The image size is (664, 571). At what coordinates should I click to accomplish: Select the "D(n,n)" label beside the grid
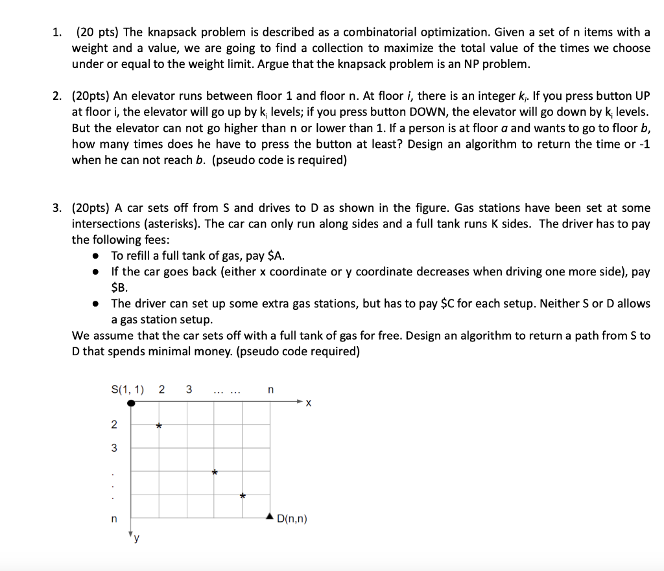[x=292, y=519]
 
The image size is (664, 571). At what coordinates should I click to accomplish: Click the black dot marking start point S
[x=132, y=403]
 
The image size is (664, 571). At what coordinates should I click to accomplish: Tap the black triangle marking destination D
[x=270, y=517]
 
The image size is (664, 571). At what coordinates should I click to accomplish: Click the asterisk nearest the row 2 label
[x=159, y=426]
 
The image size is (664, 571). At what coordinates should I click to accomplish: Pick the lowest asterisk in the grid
[x=243, y=496]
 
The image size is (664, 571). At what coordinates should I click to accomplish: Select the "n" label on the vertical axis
[x=113, y=519]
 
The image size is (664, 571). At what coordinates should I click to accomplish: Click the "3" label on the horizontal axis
[x=189, y=390]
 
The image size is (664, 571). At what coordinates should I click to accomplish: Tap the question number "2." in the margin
[x=58, y=97]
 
